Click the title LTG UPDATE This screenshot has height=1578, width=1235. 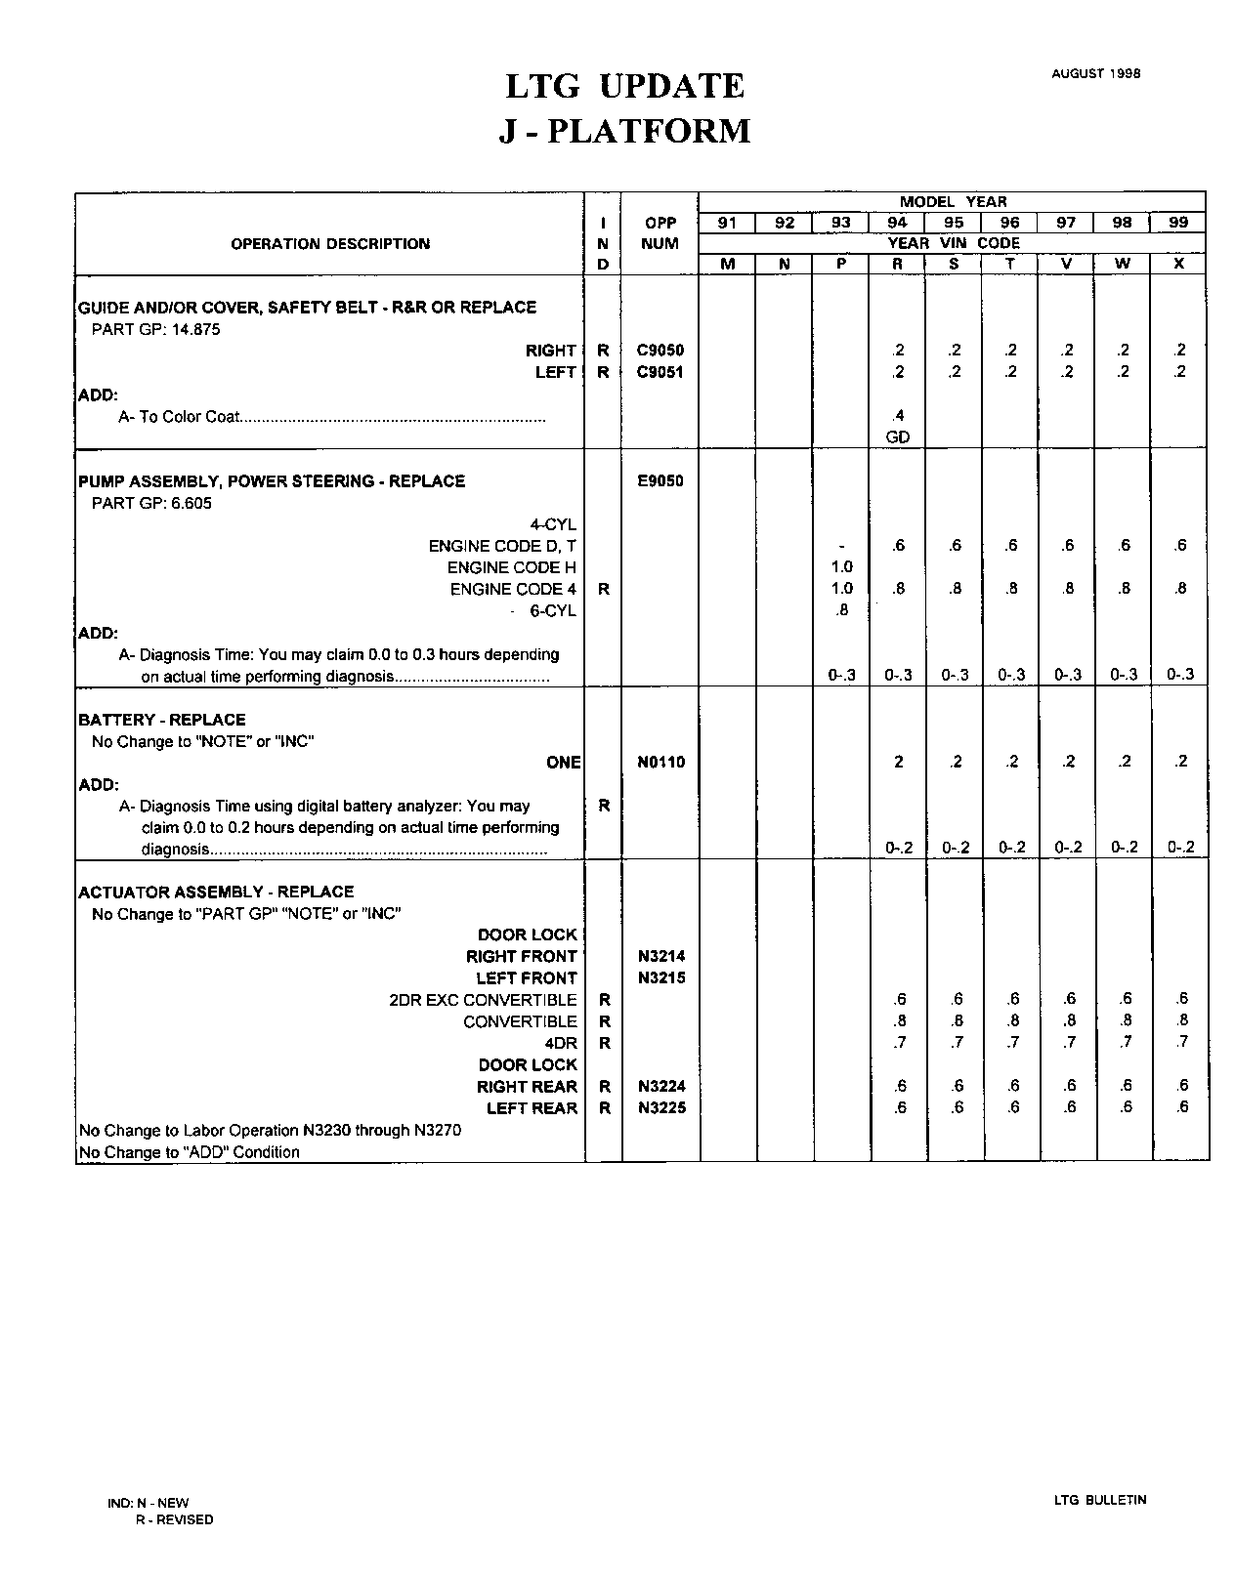624,87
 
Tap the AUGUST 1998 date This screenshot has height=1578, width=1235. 1095,73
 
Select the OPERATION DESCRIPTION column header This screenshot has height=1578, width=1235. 330,244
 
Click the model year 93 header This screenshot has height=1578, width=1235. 840,223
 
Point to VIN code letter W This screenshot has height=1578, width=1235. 1123,264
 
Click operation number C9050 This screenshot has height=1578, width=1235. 660,351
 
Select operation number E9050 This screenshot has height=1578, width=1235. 660,480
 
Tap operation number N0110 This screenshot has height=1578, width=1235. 660,763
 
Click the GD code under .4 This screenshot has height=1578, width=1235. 897,437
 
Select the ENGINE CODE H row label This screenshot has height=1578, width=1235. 511,567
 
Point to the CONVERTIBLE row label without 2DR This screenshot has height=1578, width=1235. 520,1021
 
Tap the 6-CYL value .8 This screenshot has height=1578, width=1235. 842,610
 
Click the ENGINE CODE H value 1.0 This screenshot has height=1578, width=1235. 841,567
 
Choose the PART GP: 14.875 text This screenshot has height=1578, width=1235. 155,329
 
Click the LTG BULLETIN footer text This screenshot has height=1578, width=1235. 1100,1500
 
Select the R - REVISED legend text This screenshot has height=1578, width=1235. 174,1519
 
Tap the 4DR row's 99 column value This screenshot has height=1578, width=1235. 1181,1043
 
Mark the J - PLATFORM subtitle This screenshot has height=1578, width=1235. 624,132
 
